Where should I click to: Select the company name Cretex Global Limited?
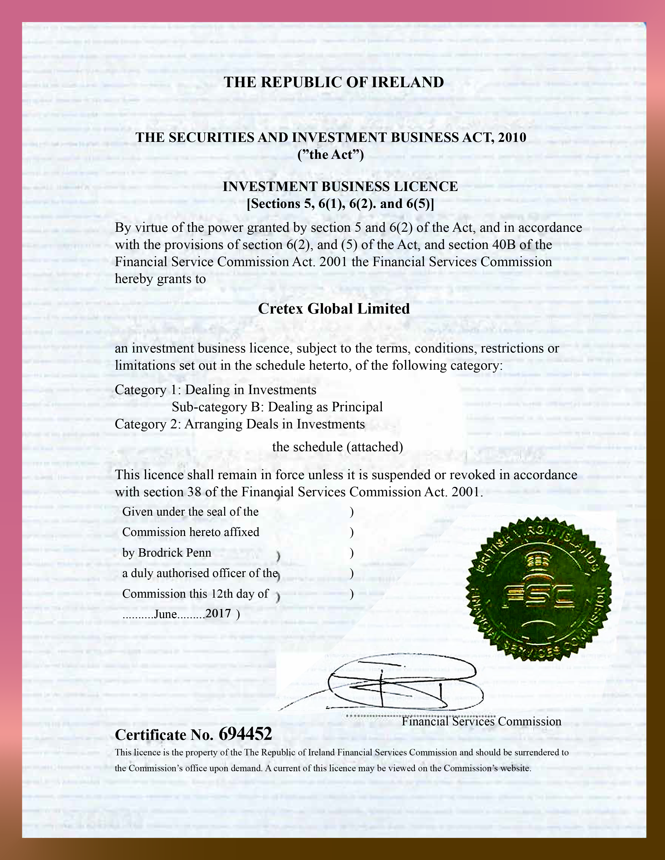pyautogui.click(x=334, y=308)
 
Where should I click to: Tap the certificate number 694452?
pyautogui.click(x=245, y=734)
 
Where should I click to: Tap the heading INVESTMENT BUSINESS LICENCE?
pyautogui.click(x=340, y=186)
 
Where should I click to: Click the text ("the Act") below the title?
pyautogui.click(x=331, y=155)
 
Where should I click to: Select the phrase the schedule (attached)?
pyautogui.click(x=337, y=447)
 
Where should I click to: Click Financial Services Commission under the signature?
pyautogui.click(x=481, y=721)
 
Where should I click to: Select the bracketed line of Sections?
pyautogui.click(x=340, y=204)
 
